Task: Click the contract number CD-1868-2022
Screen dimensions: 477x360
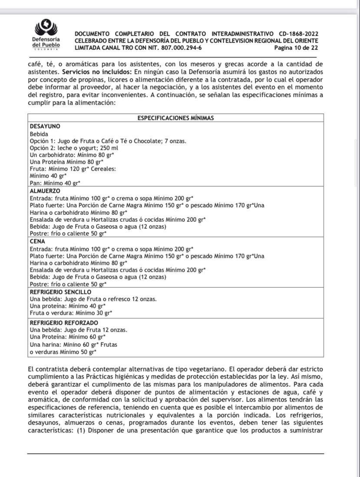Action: [299, 34]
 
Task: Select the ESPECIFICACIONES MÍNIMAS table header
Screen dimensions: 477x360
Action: [175, 118]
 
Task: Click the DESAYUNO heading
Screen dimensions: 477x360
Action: [44, 126]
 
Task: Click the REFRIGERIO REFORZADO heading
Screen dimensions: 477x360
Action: [63, 322]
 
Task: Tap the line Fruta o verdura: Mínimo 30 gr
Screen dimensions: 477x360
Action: [71, 313]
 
